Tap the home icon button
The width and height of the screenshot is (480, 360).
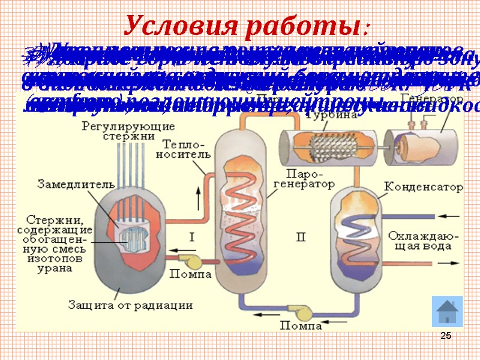[447, 311]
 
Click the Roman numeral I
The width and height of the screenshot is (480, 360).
[192, 237]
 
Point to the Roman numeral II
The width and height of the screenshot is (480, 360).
[301, 238]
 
